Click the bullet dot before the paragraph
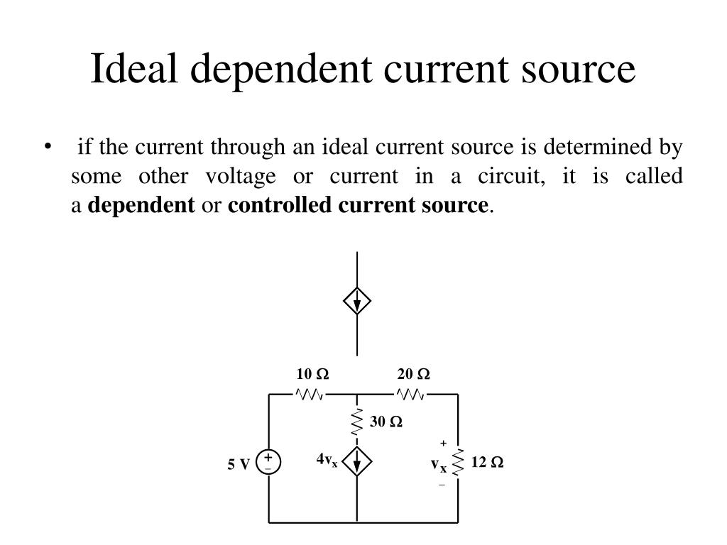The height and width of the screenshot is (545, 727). (x=48, y=148)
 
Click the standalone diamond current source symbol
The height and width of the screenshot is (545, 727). (x=357, y=302)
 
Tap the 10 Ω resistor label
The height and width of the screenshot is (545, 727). (x=312, y=374)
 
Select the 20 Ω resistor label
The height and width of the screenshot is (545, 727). (x=414, y=374)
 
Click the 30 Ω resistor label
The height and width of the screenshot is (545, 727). (x=386, y=422)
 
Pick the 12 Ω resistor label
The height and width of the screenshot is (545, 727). (x=487, y=463)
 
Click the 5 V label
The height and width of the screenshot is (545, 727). (x=239, y=465)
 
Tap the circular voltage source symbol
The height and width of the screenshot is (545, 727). (x=269, y=463)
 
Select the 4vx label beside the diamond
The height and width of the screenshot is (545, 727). (x=327, y=461)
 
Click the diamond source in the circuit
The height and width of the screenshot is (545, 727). (x=357, y=463)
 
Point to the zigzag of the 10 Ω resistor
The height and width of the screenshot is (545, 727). (x=310, y=394)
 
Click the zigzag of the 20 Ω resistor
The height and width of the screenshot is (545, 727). (x=411, y=394)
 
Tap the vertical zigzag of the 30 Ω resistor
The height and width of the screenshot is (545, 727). (x=357, y=423)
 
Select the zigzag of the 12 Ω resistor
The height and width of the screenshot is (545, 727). (x=459, y=463)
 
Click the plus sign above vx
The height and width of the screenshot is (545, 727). (x=443, y=443)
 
